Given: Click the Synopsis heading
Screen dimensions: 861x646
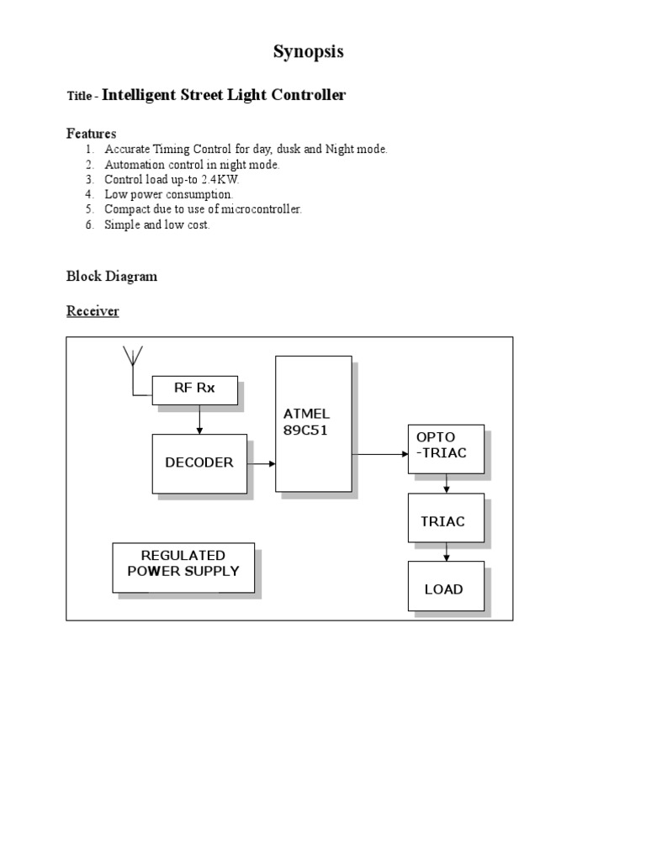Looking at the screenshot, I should (x=308, y=52).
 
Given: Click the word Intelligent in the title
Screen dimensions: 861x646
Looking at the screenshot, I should (x=140, y=95).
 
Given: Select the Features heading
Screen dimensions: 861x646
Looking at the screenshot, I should (x=91, y=134).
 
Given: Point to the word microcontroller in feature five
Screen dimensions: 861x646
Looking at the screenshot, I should (x=262, y=209).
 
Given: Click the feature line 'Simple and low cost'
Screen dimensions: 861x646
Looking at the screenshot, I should (x=156, y=224).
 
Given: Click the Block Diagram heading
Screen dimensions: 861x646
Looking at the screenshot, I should (x=111, y=276).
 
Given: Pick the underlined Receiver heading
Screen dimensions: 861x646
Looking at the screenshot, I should (x=93, y=311).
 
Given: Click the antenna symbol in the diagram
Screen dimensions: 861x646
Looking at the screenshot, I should (x=132, y=357).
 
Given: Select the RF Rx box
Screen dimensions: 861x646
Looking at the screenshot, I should (x=194, y=388).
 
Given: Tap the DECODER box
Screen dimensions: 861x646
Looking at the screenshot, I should (x=199, y=463).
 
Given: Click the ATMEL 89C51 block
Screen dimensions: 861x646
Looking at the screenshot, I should (x=313, y=423).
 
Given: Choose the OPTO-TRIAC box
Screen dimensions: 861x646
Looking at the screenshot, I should (x=446, y=449).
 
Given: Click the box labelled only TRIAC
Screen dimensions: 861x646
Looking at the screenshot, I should (x=446, y=521).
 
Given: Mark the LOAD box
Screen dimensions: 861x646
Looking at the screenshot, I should (x=446, y=589).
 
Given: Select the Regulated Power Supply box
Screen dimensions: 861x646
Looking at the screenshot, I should (x=183, y=567).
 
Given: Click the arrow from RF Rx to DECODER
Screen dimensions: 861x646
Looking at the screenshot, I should (x=199, y=419).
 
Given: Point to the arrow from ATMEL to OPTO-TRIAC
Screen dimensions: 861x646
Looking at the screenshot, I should (x=379, y=454).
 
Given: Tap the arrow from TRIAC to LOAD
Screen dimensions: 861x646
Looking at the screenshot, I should (x=447, y=552).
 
